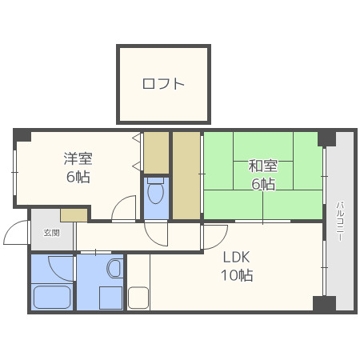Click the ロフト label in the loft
[x=163, y=83]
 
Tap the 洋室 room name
[x=78, y=158]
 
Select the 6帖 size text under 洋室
[x=78, y=176]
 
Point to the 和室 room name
[x=262, y=166]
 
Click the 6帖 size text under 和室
[x=262, y=185]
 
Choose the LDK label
[x=237, y=258]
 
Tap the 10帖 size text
[x=237, y=276]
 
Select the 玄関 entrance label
[x=51, y=232]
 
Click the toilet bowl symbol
[x=156, y=192]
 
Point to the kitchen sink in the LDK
[x=138, y=298]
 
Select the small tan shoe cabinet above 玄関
[x=74, y=214]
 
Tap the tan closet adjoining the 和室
[x=186, y=174]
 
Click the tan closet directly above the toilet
[x=156, y=152]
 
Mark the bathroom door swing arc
[x=60, y=266]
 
